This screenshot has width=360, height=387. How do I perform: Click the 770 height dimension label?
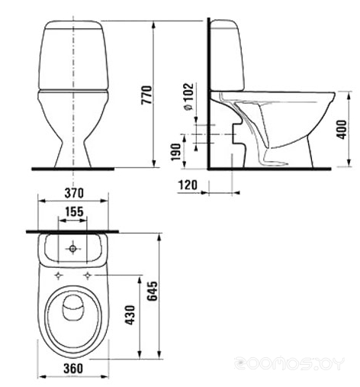pyautogui.click(x=146, y=95)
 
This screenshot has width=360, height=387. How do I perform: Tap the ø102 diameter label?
pyautogui.click(x=188, y=97)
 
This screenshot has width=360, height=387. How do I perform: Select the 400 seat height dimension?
pyautogui.click(x=342, y=130)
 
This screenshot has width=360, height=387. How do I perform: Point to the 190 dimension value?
pyautogui.click(x=175, y=152)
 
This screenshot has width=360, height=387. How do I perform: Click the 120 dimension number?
pyautogui.click(x=188, y=185)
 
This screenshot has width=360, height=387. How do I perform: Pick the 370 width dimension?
pyautogui.click(x=74, y=193)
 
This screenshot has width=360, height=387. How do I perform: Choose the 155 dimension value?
pyautogui.click(x=74, y=211)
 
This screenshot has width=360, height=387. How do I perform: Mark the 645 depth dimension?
pyautogui.click(x=153, y=291)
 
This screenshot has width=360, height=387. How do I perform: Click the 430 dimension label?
pyautogui.click(x=130, y=315)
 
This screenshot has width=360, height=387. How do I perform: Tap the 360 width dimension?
pyautogui.click(x=73, y=368)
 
